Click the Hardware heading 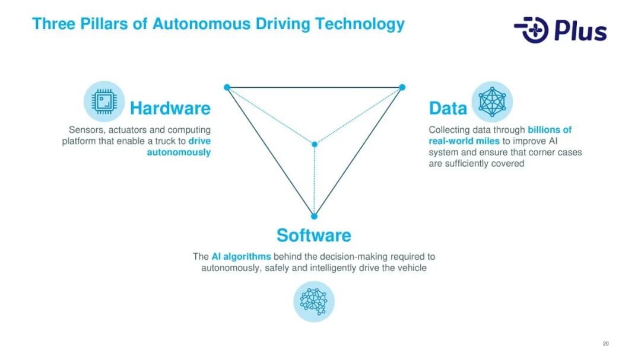click(x=170, y=109)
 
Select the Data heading click(x=448, y=109)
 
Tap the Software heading click(x=313, y=235)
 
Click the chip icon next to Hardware click(x=104, y=102)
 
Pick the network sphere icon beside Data click(x=492, y=102)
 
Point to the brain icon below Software click(x=314, y=301)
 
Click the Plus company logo click(x=560, y=30)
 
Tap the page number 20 click(x=605, y=344)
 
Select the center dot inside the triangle click(x=314, y=144)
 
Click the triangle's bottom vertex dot click(x=314, y=216)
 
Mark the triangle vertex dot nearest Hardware click(x=227, y=87)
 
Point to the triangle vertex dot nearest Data click(x=402, y=87)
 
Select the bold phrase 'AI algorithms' click(x=241, y=257)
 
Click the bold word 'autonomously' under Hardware click(x=179, y=152)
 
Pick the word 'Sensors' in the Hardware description click(x=86, y=130)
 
